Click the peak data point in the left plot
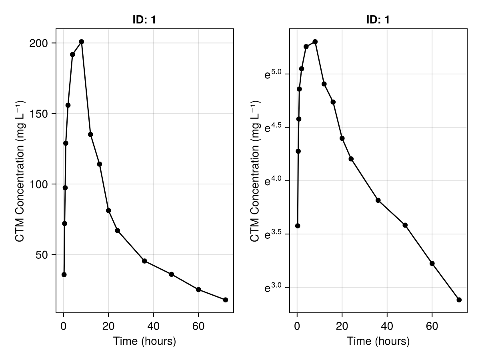(82, 42)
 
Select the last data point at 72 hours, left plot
(226, 300)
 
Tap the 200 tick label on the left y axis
(37, 43)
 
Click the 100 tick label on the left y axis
(37, 184)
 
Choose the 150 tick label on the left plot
(37, 114)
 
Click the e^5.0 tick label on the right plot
(274, 74)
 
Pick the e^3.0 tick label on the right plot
(274, 288)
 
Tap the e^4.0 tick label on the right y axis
(274, 181)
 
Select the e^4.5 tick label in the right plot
(274, 128)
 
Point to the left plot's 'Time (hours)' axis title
(144, 342)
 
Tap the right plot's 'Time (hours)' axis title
(378, 342)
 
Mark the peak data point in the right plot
(315, 42)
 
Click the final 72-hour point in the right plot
(459, 300)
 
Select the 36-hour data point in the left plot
(144, 261)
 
